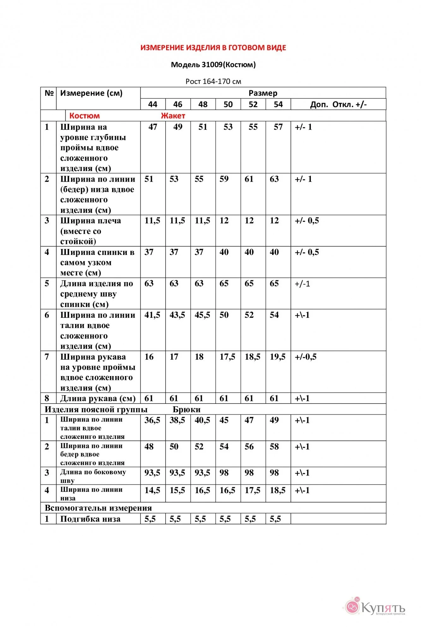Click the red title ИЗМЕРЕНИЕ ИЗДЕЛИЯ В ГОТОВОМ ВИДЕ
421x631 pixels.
(213, 48)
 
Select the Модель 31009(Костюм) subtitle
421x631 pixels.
(213, 65)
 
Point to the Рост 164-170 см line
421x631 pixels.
(213, 81)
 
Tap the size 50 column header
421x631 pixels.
(228, 104)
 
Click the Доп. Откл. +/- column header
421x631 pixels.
(338, 104)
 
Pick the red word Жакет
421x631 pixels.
(173, 116)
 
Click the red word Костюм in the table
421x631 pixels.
(84, 116)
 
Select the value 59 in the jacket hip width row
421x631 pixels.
(224, 179)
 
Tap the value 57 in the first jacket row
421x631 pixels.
(278, 127)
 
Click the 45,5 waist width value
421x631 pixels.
(202, 315)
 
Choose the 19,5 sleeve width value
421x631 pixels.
(278, 357)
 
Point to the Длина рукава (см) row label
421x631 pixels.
(98, 398)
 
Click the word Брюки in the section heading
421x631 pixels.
(187, 410)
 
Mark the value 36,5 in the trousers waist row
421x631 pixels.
(152, 420)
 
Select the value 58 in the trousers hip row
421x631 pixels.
(274, 447)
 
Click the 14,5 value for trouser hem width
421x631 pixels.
(152, 490)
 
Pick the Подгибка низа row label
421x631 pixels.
(90, 519)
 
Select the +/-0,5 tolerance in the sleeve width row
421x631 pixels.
(305, 357)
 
